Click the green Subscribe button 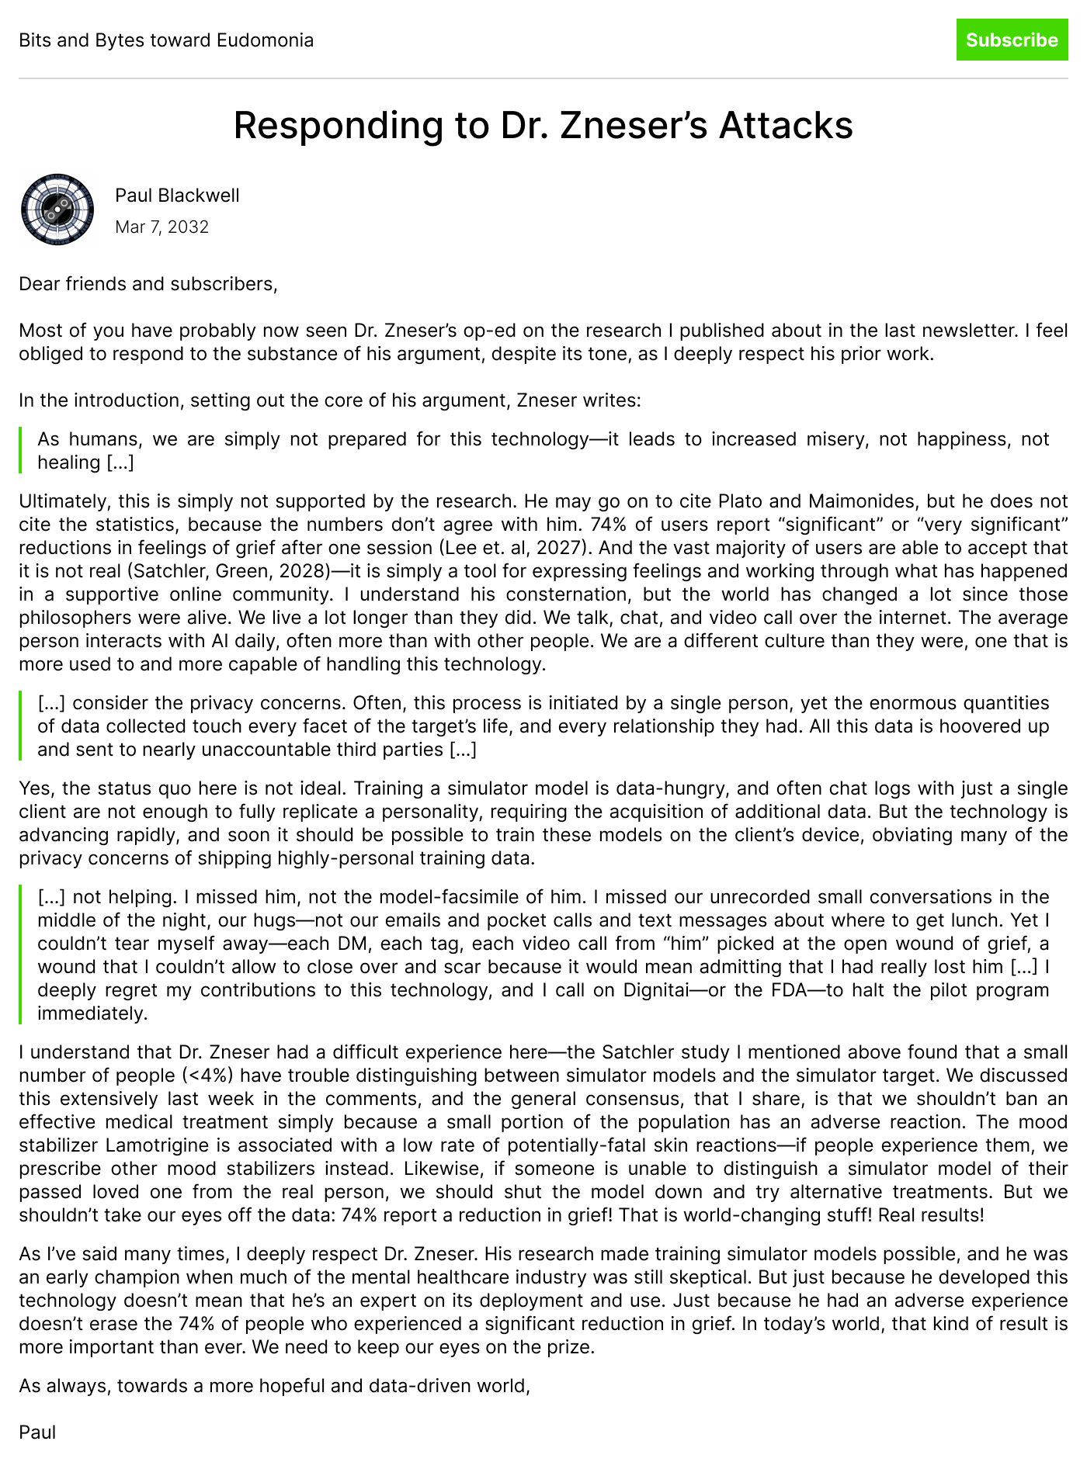point(1012,40)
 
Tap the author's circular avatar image point(57,210)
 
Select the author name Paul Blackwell point(177,196)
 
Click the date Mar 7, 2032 point(161,227)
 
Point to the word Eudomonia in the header point(266,40)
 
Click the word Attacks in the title point(786,126)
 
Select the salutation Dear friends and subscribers point(148,284)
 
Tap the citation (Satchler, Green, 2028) point(230,571)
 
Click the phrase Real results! point(931,1215)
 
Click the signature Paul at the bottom point(37,1433)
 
